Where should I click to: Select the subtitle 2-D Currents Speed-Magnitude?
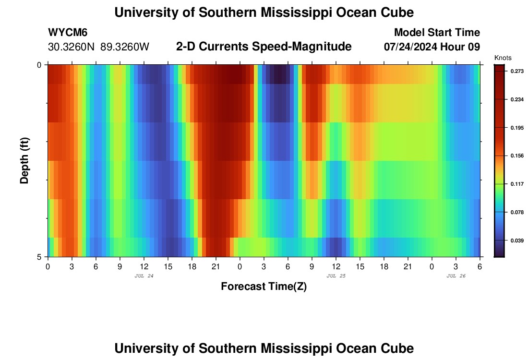[264, 47]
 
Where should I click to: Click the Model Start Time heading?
[437, 33]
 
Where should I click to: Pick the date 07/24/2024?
[414, 47]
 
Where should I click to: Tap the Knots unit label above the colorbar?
[503, 58]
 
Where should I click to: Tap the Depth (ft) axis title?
[24, 160]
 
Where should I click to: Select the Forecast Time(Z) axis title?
[264, 287]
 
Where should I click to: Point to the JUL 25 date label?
[336, 276]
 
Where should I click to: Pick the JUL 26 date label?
[456, 276]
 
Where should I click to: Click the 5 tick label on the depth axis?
[39, 257]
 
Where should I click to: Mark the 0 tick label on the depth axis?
[39, 65]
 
